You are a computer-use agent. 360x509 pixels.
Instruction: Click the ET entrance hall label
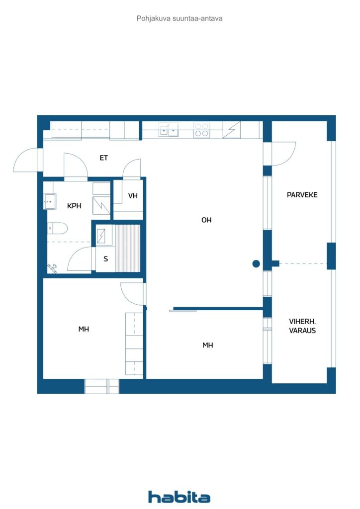click(103, 158)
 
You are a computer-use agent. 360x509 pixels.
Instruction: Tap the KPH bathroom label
click(74, 206)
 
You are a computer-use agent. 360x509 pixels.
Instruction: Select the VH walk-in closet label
click(133, 196)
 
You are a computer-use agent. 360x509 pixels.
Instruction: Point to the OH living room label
click(206, 220)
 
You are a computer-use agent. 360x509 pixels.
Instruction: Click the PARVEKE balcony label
click(302, 195)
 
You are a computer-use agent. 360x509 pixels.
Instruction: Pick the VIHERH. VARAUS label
click(302, 326)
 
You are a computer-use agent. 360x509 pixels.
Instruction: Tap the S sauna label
click(106, 258)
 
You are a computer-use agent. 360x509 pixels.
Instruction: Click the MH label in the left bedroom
click(84, 329)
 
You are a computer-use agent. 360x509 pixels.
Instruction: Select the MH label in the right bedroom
click(208, 345)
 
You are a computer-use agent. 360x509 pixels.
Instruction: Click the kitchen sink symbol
click(169, 130)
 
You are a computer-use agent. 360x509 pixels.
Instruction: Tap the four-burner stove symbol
click(201, 130)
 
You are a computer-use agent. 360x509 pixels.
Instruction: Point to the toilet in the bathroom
click(57, 228)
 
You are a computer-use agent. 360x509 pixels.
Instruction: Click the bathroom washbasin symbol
click(50, 202)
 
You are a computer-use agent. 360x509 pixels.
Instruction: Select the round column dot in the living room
click(256, 264)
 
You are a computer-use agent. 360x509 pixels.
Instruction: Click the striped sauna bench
click(128, 248)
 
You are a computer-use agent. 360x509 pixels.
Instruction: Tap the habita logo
click(179, 497)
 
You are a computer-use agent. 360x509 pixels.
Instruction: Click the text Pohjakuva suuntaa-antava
click(180, 18)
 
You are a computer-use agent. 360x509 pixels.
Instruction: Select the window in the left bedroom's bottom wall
click(102, 386)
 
